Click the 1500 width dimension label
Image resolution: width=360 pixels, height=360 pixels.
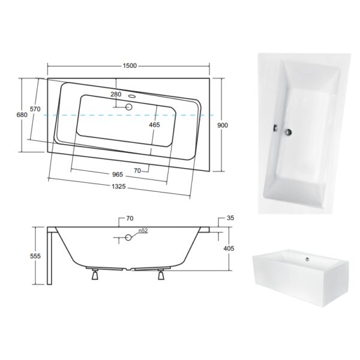pos(130,65)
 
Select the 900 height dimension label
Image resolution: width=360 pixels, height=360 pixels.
pos(223,125)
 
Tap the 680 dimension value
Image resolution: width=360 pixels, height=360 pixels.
pos(22,115)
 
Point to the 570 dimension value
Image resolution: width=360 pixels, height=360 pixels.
pos(35,109)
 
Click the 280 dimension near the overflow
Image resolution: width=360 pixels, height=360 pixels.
pos(116,94)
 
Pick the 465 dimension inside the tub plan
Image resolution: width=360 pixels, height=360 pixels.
pos(154,125)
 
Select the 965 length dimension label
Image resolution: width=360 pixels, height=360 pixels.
pos(118,175)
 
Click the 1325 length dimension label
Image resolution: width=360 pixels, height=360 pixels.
pos(119,187)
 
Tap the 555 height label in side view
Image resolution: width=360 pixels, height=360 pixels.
pos(35,256)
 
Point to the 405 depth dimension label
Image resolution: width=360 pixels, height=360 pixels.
pos(229,248)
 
